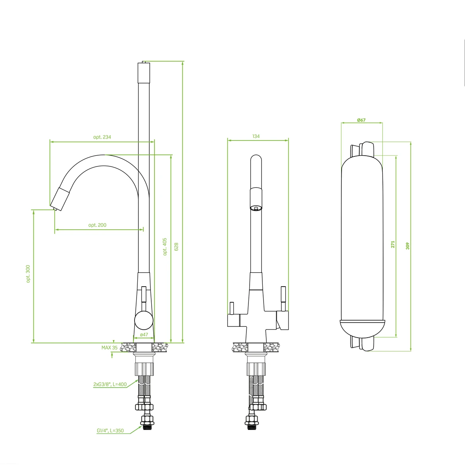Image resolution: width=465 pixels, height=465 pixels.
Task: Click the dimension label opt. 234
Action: pos(102,137)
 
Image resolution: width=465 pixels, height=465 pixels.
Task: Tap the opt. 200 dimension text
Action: pos(97,225)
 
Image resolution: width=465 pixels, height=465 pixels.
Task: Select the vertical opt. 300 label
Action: pos(28,274)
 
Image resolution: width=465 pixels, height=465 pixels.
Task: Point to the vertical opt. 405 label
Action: pos(165,246)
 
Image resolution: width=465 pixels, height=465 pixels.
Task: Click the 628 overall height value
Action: pos(176,247)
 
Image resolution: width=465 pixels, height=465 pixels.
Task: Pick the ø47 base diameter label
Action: pos(144,334)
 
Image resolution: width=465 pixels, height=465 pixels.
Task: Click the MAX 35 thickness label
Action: pos(109,348)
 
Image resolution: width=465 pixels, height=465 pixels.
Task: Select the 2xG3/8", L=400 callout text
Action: pos(110,384)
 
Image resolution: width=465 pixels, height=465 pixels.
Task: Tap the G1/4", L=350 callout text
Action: pos(110,431)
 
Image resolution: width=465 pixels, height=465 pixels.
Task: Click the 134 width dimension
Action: pos(256,137)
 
